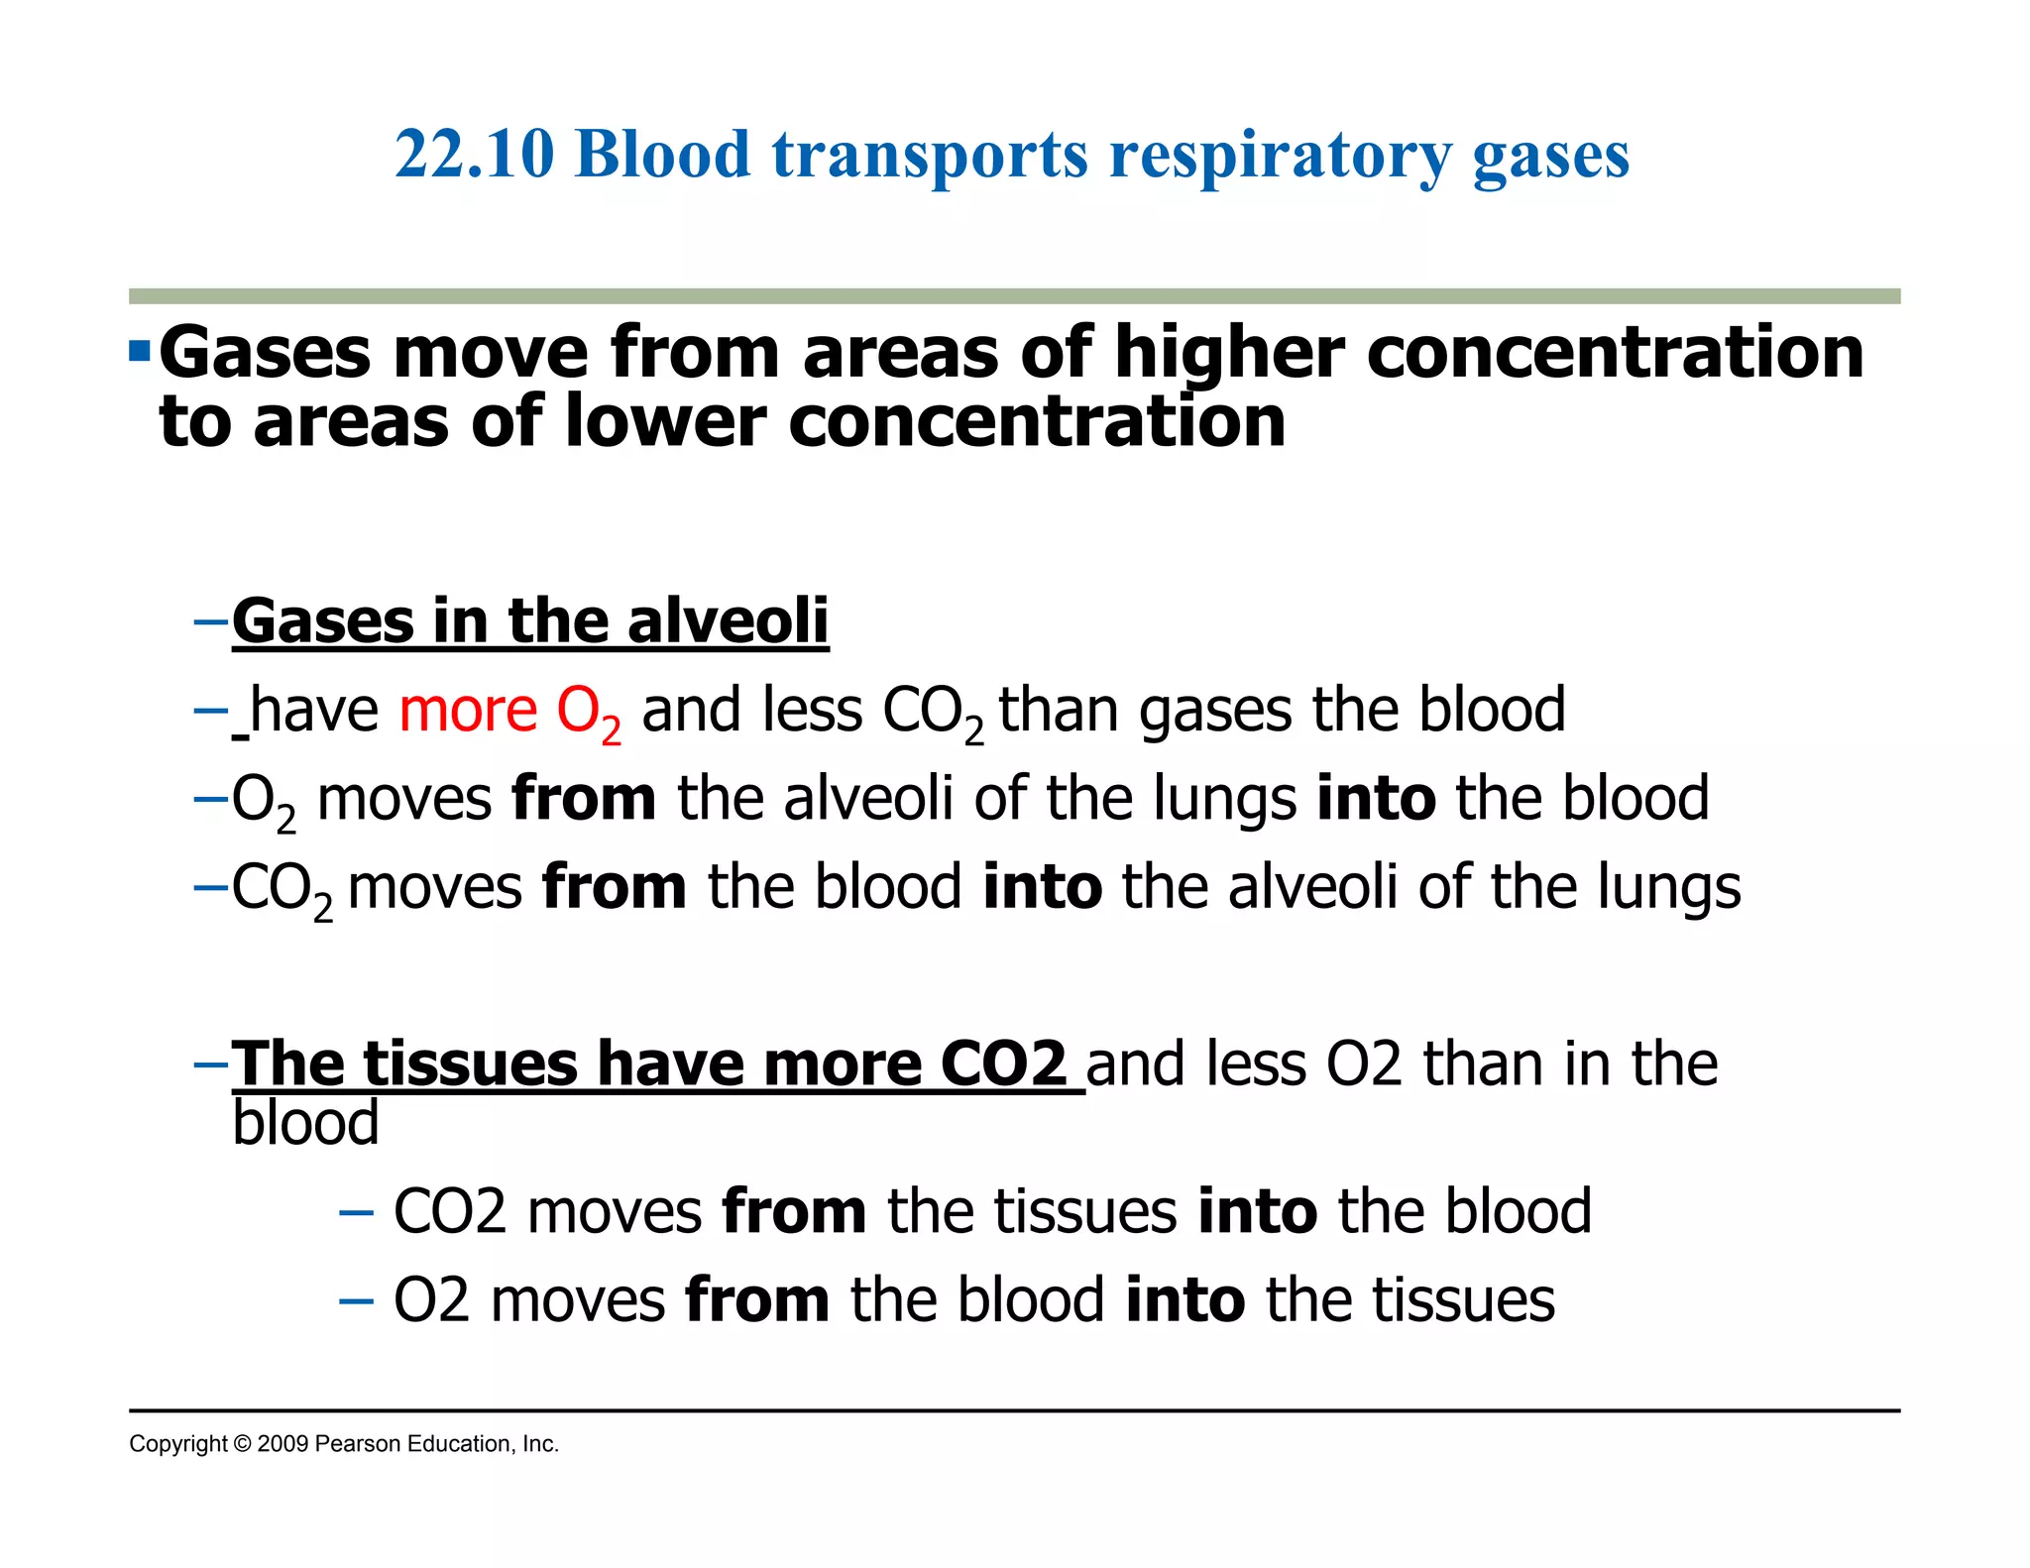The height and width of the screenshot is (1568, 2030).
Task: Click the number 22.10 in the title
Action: [474, 156]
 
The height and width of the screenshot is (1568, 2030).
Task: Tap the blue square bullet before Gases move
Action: [139, 351]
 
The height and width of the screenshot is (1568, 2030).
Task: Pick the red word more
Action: [467, 711]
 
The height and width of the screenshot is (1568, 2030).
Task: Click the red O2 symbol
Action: [588, 714]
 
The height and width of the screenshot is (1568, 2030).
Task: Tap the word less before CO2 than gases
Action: [813, 711]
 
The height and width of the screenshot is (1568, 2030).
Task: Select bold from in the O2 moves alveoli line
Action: [583, 799]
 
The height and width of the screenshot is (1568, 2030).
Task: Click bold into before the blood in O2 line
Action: [1375, 799]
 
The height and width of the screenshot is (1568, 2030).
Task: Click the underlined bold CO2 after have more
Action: [1002, 1064]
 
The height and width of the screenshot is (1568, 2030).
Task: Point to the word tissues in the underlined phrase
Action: [470, 1064]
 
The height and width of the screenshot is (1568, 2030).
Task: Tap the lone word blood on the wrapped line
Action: [305, 1123]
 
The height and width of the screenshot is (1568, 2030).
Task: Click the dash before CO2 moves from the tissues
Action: [356, 1212]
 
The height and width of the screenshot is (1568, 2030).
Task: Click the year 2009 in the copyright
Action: [282, 1444]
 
